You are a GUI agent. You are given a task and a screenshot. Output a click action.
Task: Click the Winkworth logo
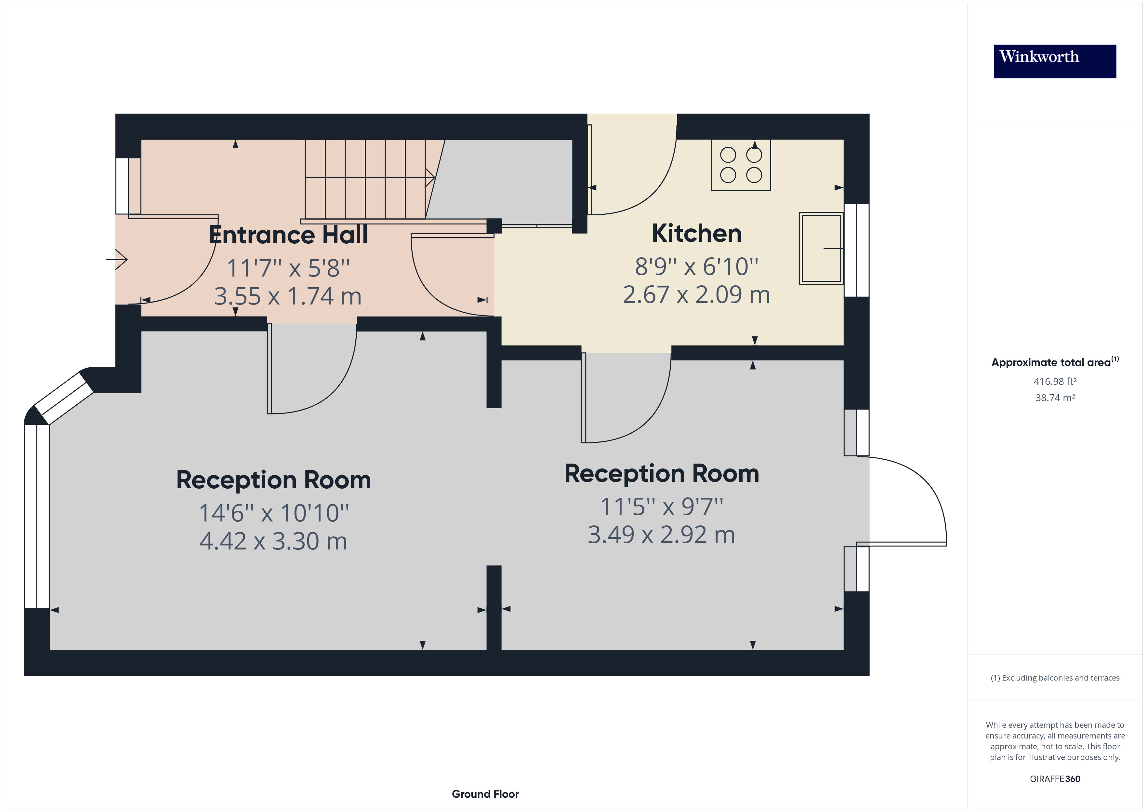(x=1055, y=61)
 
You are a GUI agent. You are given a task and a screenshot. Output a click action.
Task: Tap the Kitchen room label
(x=696, y=234)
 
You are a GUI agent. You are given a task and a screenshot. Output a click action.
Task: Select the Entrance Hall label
(x=288, y=235)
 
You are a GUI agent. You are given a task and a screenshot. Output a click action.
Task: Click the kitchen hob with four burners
(x=741, y=165)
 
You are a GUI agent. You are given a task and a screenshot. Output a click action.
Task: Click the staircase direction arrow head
(x=430, y=178)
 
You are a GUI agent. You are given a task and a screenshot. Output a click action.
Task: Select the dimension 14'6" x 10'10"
(x=274, y=513)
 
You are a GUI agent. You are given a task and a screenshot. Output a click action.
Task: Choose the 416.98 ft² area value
(x=1055, y=382)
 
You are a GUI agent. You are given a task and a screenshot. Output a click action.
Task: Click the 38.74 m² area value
(x=1055, y=398)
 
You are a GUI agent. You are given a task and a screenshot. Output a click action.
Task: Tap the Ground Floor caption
(x=485, y=794)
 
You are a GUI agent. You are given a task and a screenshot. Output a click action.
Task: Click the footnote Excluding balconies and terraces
(x=1055, y=678)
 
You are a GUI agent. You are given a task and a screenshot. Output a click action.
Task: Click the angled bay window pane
(x=63, y=398)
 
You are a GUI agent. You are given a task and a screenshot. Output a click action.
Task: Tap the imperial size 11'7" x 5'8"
(x=288, y=268)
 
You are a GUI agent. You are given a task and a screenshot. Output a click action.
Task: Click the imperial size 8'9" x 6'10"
(x=696, y=266)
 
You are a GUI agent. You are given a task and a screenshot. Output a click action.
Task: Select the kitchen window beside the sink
(x=856, y=250)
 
